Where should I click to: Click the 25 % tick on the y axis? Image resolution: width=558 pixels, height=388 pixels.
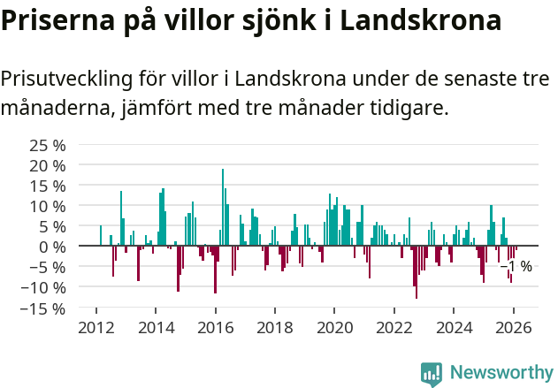pos(48,145)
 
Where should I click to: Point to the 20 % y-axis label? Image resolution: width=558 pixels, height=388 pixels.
pos(48,165)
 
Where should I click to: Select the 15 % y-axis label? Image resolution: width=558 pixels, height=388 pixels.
pos(48,186)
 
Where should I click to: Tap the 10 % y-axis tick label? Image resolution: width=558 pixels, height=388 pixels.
pos(48,206)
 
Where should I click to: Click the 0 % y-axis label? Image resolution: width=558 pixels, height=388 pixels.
pos(52,247)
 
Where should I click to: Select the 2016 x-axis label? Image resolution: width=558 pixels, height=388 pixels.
pos(216,328)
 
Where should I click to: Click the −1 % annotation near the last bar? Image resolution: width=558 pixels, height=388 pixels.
pos(516,266)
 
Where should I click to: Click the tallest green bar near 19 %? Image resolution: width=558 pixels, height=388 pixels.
pos(223,207)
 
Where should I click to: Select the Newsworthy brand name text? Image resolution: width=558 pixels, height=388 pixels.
pos(501,373)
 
